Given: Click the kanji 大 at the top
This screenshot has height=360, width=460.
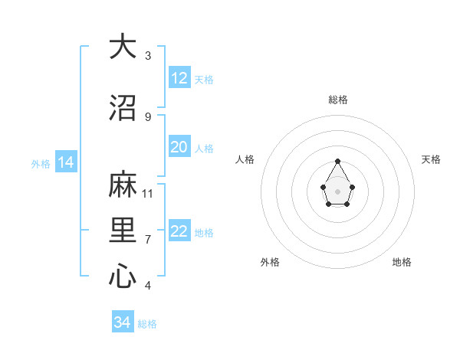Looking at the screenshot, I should click(x=123, y=47).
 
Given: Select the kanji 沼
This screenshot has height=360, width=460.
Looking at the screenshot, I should click(x=123, y=108).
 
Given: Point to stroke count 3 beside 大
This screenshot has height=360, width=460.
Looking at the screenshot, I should click(x=148, y=56).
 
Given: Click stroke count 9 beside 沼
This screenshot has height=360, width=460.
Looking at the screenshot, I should click(x=148, y=116).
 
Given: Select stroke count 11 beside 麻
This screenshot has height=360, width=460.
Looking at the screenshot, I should click(x=148, y=193).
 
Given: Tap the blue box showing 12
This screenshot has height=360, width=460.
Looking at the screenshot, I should click(x=179, y=78).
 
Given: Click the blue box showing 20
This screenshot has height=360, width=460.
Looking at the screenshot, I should click(x=179, y=147).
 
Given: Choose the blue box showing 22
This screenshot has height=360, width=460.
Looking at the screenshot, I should click(x=179, y=231).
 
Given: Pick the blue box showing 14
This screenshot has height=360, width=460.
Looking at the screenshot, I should click(x=66, y=162).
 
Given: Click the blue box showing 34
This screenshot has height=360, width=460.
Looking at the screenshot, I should click(x=123, y=322).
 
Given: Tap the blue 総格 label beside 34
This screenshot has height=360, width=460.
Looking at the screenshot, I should click(x=147, y=324).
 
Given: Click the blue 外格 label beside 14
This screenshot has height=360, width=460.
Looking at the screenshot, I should click(x=41, y=163).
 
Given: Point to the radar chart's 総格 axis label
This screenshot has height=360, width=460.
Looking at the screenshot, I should click(x=338, y=100).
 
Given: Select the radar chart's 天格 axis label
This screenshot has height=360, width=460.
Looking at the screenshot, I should click(x=431, y=159).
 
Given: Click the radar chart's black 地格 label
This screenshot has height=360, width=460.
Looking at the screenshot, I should click(x=402, y=262).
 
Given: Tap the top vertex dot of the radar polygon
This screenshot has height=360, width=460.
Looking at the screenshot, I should click(x=338, y=161).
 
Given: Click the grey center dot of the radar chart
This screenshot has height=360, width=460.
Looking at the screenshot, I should click(x=338, y=190).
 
